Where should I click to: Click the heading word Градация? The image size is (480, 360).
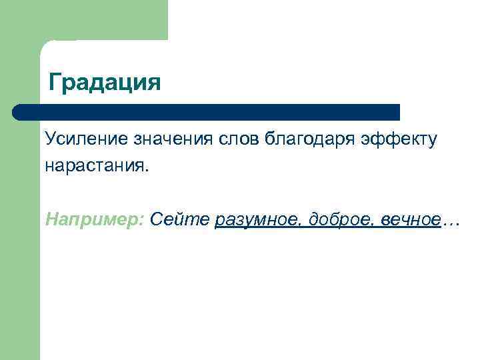(105, 83)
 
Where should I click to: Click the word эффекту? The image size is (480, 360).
(399, 141)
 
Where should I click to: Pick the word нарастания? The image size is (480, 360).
(96, 165)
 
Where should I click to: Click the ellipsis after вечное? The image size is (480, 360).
(451, 223)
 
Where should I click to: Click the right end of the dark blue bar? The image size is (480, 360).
(397, 112)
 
